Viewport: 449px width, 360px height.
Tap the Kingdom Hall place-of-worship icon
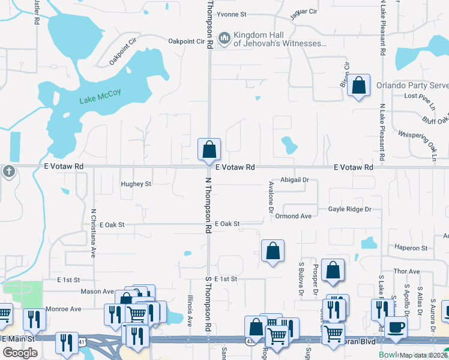pyautogui.click(x=224, y=38)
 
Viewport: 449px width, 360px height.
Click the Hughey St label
pyautogui.click(x=136, y=184)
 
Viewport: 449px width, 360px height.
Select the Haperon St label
pyautogui.click(x=411, y=248)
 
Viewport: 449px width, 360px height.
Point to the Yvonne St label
pyautogui.click(x=232, y=14)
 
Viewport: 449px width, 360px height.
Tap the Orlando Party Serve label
pyautogui.click(x=412, y=85)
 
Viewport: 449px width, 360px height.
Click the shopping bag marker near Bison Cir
pyautogui.click(x=358, y=86)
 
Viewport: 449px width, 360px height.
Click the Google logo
pyautogui.click(x=20, y=353)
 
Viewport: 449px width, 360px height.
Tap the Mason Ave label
pyautogui.click(x=98, y=292)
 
